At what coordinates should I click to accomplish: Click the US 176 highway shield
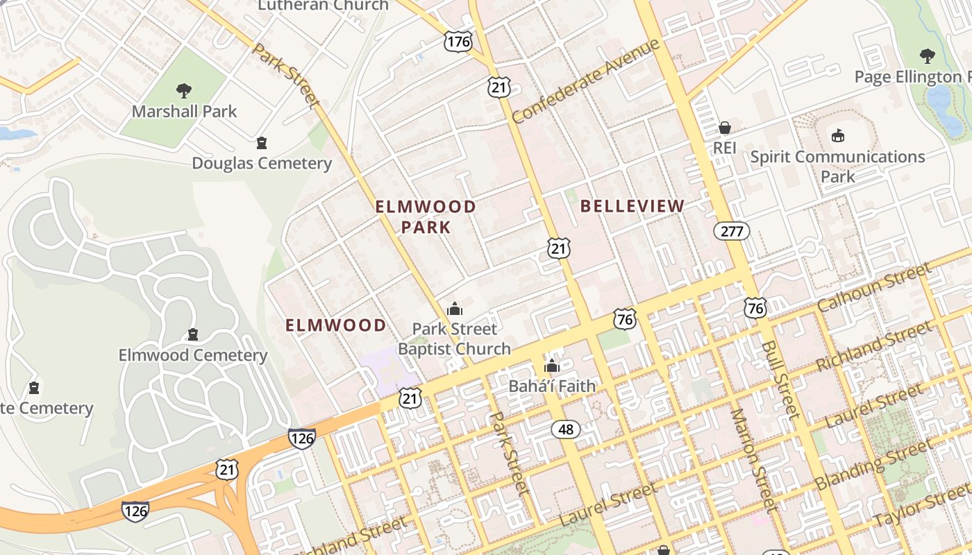[x=458, y=42]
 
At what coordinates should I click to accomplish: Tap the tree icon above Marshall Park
[x=184, y=89]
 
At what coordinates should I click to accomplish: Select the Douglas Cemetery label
[x=262, y=164]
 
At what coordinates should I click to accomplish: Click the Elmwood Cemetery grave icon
[x=193, y=334]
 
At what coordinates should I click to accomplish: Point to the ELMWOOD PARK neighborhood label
[x=426, y=216]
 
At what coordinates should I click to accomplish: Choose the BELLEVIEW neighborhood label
[x=632, y=206]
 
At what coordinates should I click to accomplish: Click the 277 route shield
[x=732, y=231]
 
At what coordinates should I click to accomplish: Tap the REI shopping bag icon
[x=725, y=128]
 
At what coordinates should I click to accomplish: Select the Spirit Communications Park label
[x=837, y=166]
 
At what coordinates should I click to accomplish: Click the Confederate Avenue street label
[x=585, y=82]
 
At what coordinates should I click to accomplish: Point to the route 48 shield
[x=566, y=429]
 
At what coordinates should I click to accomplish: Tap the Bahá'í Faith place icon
[x=552, y=366]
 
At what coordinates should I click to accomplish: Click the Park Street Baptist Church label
[x=454, y=339]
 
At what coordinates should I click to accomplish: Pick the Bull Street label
[x=780, y=379]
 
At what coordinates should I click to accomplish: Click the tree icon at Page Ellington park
[x=927, y=55]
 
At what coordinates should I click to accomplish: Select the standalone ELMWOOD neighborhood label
[x=335, y=325]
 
